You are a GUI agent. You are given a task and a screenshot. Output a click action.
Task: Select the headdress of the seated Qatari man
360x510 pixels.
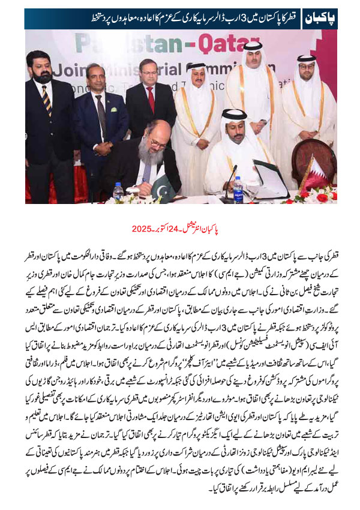click(233, 117)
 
